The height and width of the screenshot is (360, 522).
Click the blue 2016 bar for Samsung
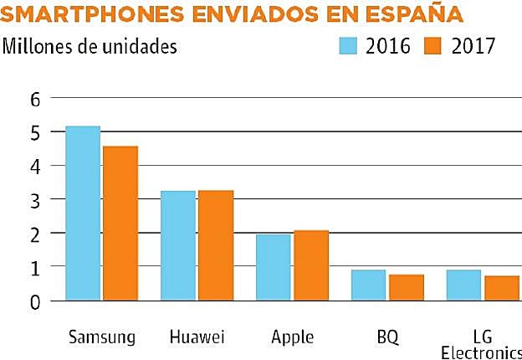point(83,213)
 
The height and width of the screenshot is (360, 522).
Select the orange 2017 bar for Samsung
point(120,223)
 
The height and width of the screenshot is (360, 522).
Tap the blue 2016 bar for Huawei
point(178,245)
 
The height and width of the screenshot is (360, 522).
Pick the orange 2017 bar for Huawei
point(216,245)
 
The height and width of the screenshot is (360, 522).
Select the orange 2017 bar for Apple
point(310,265)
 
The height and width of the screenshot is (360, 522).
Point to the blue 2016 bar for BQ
point(368,285)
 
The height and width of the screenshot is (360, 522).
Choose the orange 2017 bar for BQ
point(406,287)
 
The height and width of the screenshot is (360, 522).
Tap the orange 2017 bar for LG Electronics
point(501,287)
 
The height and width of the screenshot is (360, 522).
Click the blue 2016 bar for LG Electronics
point(463,285)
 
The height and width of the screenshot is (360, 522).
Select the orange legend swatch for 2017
point(432,44)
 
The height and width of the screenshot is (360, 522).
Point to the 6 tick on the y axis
point(34,99)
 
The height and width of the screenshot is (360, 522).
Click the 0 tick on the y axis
point(34,301)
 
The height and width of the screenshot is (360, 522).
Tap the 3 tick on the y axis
point(34,199)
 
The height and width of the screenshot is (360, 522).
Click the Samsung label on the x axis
point(100,338)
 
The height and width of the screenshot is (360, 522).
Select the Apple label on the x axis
point(292,338)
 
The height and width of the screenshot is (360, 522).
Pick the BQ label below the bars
point(387,338)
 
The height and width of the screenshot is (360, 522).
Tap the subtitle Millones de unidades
point(90,45)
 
